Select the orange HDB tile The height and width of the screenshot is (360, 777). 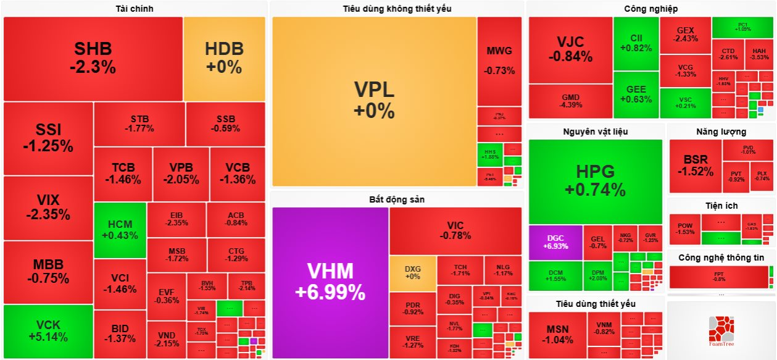(x=224, y=59)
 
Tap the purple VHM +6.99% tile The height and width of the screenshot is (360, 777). (x=330, y=282)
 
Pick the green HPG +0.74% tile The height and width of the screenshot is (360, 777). (x=595, y=180)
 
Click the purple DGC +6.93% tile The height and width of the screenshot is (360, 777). (x=555, y=242)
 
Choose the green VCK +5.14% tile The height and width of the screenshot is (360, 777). (x=48, y=332)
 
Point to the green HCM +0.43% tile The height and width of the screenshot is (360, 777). (x=120, y=230)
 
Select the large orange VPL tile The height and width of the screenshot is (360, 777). (x=374, y=101)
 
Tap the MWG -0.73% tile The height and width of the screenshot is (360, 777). (x=499, y=60)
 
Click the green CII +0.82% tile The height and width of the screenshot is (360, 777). (x=636, y=43)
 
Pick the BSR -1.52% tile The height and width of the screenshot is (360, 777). (x=695, y=166)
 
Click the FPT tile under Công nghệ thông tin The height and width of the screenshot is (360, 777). (x=718, y=276)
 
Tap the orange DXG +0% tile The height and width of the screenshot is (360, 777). (x=412, y=273)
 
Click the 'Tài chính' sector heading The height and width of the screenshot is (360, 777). (x=135, y=9)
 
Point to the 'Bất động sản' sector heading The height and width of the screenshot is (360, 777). (x=397, y=199)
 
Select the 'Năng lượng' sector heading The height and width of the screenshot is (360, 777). (x=721, y=132)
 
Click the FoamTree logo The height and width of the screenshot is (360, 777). (x=721, y=330)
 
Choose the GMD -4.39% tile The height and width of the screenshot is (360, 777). (x=570, y=101)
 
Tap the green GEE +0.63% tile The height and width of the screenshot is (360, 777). (x=636, y=94)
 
